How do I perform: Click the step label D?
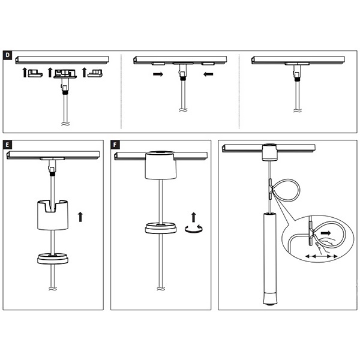tap(7, 55)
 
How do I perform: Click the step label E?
tap(7, 145)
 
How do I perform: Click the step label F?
tap(115, 145)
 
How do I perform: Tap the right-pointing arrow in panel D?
tap(158, 74)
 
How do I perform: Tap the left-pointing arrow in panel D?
tap(208, 74)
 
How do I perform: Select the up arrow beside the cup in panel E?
tap(80, 217)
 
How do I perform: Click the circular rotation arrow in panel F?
tap(194, 229)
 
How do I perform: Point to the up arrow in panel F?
tap(194, 217)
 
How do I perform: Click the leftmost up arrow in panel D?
tap(25, 73)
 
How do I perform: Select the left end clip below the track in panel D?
tap(35, 73)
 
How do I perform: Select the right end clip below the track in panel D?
tap(95, 73)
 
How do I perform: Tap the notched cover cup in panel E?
tap(53, 215)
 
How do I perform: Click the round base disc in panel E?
tap(53, 258)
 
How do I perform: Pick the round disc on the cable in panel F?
tap(161, 228)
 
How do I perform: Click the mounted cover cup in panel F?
tap(161, 165)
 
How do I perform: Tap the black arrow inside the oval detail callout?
tap(326, 233)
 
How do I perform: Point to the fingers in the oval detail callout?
tap(323, 245)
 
